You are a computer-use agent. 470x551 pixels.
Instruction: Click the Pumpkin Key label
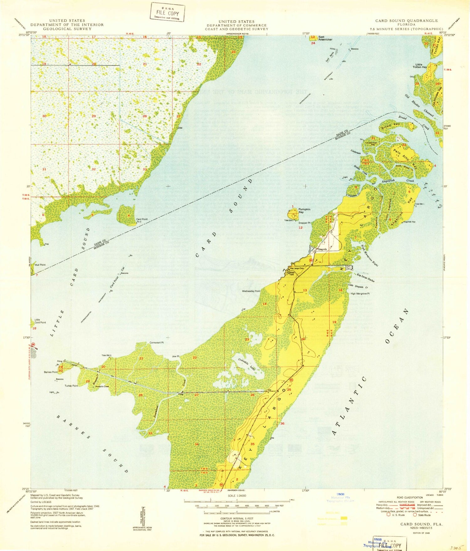pos(304,211)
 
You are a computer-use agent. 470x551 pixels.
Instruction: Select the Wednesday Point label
pos(251,291)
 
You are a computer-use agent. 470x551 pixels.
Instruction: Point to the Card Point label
pos(142,219)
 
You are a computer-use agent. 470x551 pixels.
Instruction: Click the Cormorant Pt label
pos(156,343)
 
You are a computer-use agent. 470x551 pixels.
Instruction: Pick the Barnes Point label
pos(50,372)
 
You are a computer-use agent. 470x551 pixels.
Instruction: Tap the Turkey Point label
pos(71,386)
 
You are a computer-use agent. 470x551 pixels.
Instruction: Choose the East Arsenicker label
pos(325,38)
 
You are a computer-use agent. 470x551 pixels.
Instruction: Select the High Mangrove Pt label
pos(360,294)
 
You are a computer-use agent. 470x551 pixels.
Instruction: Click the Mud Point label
pos(40,265)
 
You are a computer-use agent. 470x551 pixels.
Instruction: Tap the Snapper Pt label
pos(304,223)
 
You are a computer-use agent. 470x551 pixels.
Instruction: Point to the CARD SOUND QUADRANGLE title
pos(406,21)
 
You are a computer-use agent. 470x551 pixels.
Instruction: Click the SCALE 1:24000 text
pos(237,495)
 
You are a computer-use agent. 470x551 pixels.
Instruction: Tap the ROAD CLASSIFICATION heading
pos(410,497)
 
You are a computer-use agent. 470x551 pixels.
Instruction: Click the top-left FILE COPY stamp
pos(168,13)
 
